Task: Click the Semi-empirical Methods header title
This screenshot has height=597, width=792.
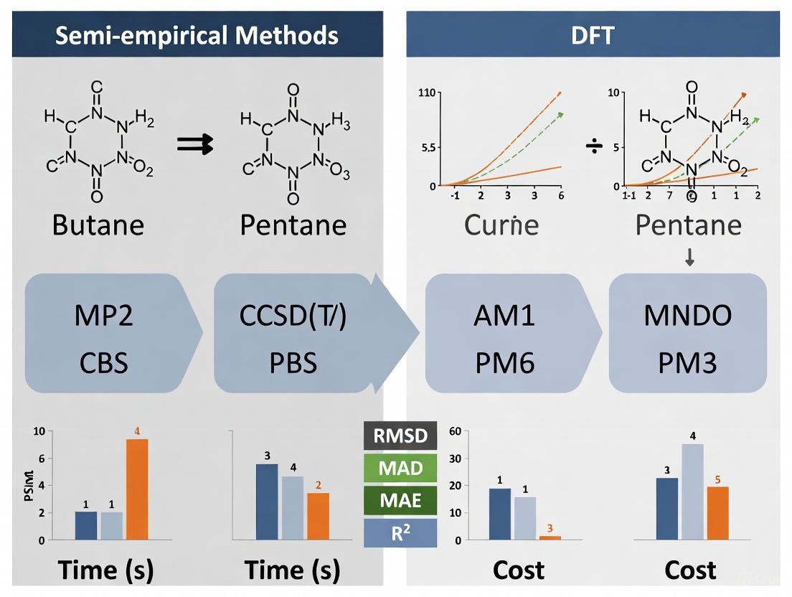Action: point(196,34)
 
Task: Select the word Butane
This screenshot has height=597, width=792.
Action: point(98,225)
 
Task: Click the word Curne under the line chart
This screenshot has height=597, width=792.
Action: point(501,225)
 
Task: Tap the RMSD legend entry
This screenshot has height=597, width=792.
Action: point(400,436)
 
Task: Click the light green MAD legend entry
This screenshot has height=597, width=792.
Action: point(400,469)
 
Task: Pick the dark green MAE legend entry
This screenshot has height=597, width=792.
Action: point(400,500)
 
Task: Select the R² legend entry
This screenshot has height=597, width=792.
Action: point(400,532)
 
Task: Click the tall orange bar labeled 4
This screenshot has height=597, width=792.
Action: point(137,489)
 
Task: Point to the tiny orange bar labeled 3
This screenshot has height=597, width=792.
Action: point(550,537)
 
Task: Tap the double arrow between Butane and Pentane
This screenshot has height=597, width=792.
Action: point(196,145)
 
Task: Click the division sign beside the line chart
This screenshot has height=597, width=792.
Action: point(595,146)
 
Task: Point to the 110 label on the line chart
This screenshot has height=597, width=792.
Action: point(427,93)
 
